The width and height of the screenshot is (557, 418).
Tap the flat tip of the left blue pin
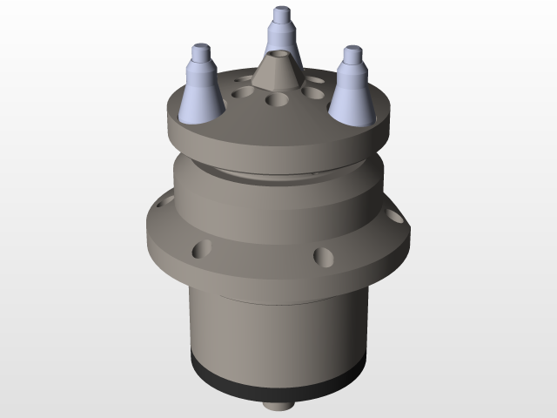click(200, 45)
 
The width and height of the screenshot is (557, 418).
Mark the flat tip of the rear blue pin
click(280, 11)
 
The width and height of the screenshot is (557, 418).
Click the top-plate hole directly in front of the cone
click(278, 101)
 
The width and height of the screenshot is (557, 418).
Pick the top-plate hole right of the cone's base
click(312, 91)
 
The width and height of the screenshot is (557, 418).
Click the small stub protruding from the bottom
click(278, 406)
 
